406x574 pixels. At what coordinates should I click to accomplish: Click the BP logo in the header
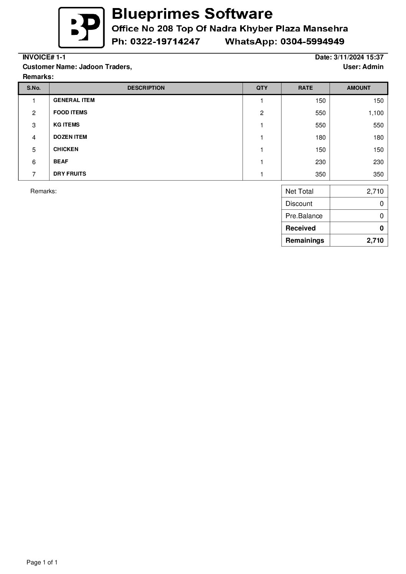[x=81, y=28]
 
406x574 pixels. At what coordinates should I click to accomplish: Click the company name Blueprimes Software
[x=192, y=14]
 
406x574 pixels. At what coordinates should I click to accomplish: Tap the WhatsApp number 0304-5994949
[x=312, y=41]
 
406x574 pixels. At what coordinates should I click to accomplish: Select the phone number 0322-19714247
[x=165, y=41]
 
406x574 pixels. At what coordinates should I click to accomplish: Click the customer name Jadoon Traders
[x=105, y=67]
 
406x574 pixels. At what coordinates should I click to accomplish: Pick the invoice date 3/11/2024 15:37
[x=358, y=58]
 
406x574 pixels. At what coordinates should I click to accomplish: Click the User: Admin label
[x=363, y=67]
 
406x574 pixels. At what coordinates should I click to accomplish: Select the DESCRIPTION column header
[x=146, y=88]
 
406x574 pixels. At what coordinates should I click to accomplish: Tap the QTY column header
[x=262, y=88]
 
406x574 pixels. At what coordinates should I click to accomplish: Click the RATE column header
[x=305, y=88]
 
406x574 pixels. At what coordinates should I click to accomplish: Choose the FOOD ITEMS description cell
[x=70, y=113]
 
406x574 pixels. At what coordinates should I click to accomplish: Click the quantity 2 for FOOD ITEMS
[x=262, y=113]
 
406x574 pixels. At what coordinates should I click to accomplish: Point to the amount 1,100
[x=376, y=113]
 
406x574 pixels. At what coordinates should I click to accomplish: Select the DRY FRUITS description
[x=70, y=174]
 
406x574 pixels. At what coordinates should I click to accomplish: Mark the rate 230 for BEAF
[x=320, y=162]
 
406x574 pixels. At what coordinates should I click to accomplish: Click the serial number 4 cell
[x=34, y=138]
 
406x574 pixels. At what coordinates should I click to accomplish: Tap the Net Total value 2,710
[x=375, y=191]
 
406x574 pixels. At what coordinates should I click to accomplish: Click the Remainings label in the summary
[x=305, y=240]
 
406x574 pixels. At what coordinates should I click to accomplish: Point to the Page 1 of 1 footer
[x=42, y=562]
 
